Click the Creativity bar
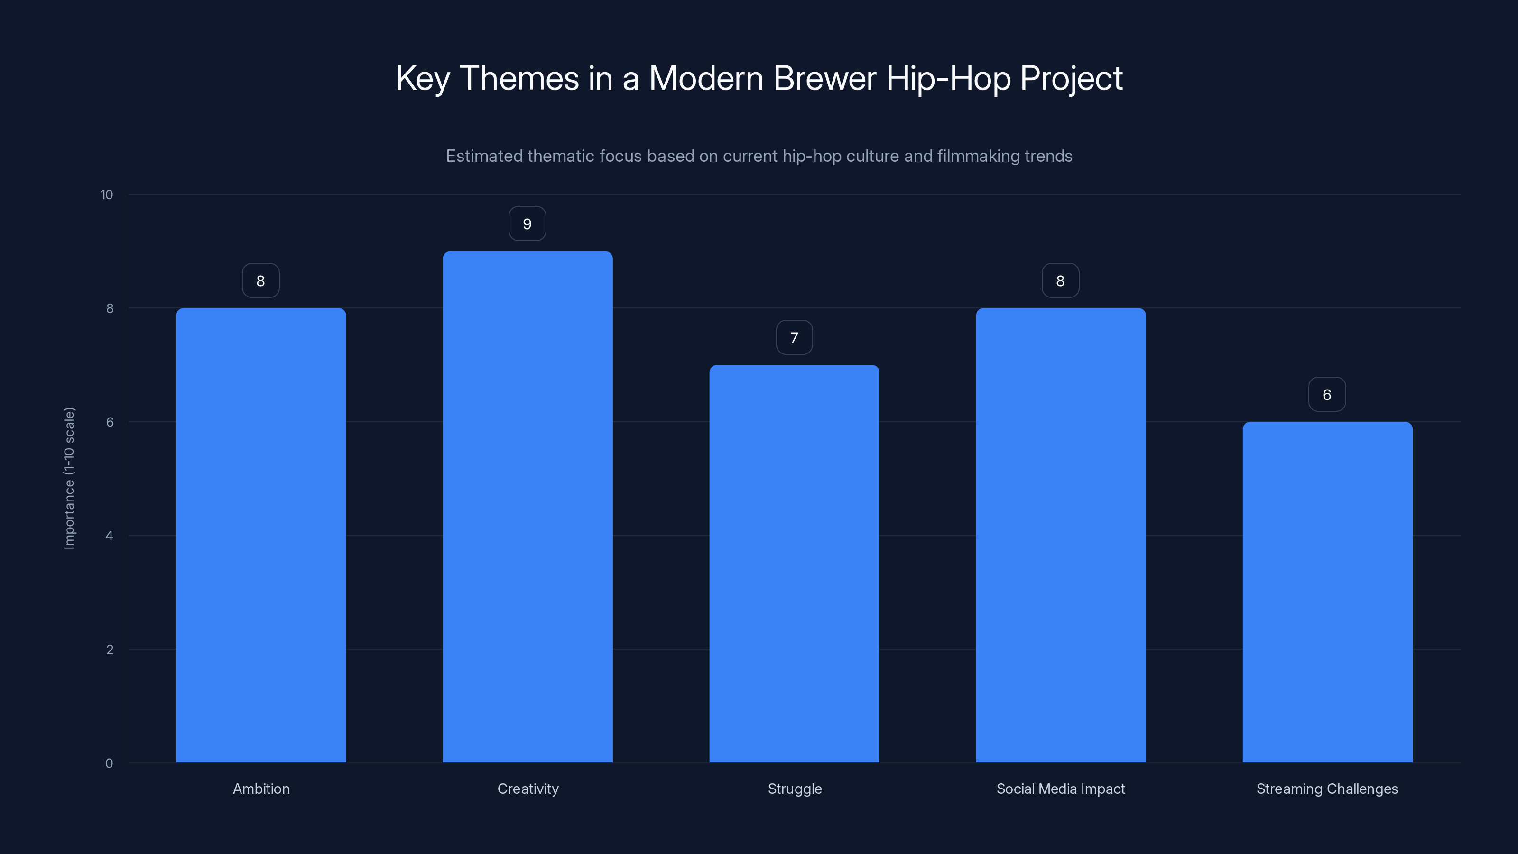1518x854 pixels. click(528, 507)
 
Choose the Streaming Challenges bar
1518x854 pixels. click(1327, 592)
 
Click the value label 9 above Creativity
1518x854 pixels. click(528, 224)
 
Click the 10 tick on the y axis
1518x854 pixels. click(107, 195)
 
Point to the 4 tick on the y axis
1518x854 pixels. click(110, 536)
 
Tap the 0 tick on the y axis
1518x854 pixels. click(109, 763)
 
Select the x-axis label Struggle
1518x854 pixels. click(795, 789)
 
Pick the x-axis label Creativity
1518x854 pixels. click(528, 789)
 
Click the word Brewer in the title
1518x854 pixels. click(824, 78)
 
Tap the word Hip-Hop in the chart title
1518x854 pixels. click(948, 79)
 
